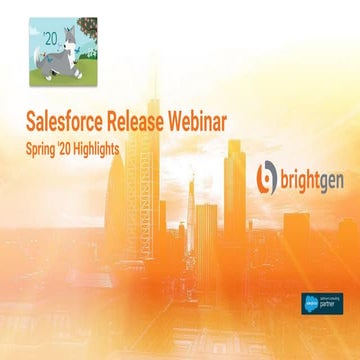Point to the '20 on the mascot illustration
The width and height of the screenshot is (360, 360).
[41, 28]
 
